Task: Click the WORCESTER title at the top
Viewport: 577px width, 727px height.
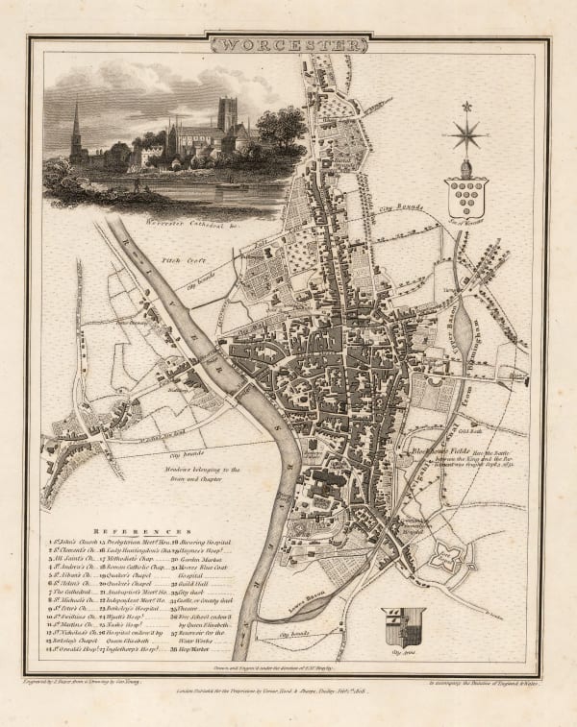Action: (x=289, y=46)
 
